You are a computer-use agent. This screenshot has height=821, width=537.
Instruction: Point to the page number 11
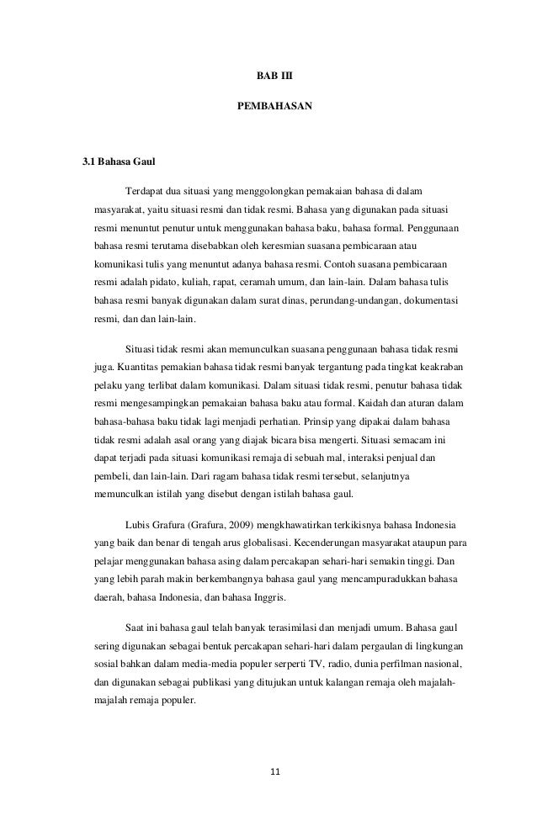point(269,771)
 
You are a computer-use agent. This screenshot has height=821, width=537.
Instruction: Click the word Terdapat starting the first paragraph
point(145,191)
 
